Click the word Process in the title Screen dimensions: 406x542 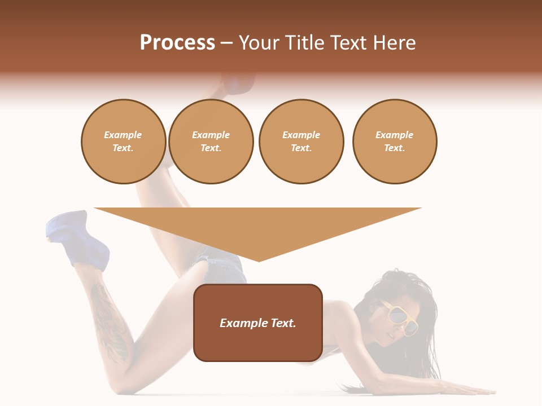pos(177,43)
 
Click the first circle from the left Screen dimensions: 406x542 pos(123,142)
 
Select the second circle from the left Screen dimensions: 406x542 pos(211,142)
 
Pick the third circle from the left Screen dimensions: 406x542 pos(301,142)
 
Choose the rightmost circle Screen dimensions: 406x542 pos(394,142)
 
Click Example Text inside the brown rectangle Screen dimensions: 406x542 pos(258,323)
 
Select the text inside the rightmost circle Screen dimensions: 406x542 pos(394,142)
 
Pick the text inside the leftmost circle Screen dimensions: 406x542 pos(123,142)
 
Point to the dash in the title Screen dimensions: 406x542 pos(227,43)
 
